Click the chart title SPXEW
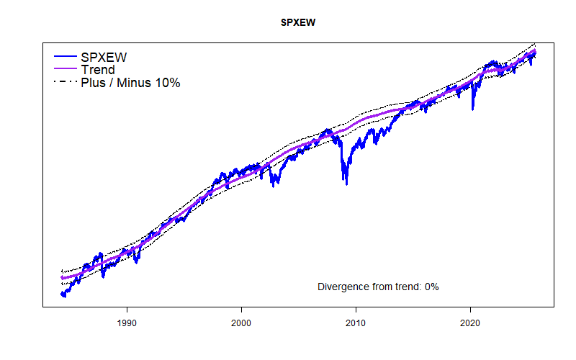[x=298, y=22]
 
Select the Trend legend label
[x=98, y=70]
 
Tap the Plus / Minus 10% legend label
[x=130, y=83]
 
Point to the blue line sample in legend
[x=66, y=57]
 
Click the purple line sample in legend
[x=66, y=70]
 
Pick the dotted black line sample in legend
[x=66, y=83]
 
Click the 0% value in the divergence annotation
[x=431, y=287]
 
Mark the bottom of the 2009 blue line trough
[x=346, y=184]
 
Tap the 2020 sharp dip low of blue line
[x=472, y=109]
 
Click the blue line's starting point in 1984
[x=62, y=294]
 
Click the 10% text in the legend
[x=167, y=83]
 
